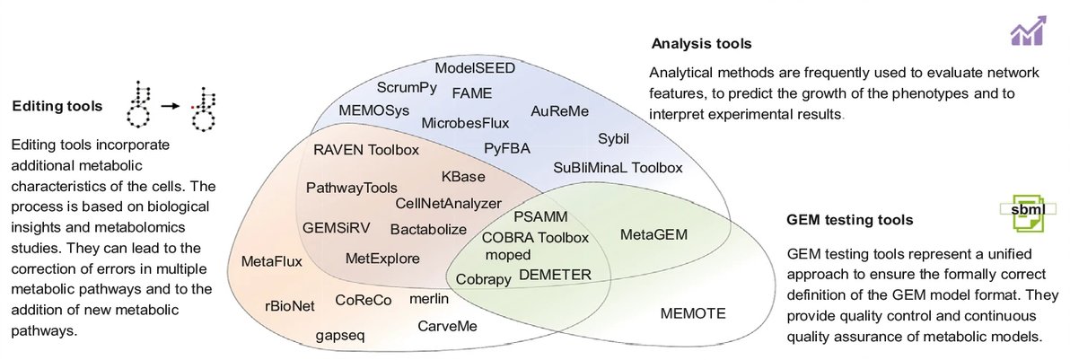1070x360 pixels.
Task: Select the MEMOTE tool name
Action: (692, 313)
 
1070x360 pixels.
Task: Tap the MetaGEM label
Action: (653, 235)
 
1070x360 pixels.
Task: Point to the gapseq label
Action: (340, 336)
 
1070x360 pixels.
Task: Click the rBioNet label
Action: (290, 305)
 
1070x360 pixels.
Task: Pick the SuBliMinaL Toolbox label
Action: (618, 168)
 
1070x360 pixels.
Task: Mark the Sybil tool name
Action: (614, 139)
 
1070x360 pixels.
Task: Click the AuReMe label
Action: (559, 111)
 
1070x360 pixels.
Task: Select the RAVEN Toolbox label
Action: (366, 149)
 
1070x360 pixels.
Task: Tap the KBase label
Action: (463, 177)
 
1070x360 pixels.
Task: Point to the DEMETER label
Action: (555, 275)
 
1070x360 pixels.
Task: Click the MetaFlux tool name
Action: (272, 261)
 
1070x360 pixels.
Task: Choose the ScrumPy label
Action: (407, 88)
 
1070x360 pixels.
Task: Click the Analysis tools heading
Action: (701, 43)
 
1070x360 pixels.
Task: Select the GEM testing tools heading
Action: (849, 219)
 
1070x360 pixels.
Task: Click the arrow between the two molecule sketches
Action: (171, 106)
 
